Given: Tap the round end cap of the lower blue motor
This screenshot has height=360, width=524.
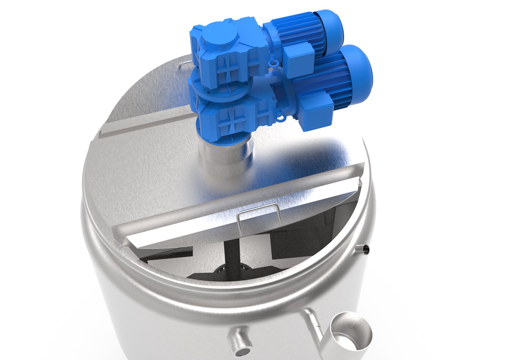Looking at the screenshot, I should point(358,67).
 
